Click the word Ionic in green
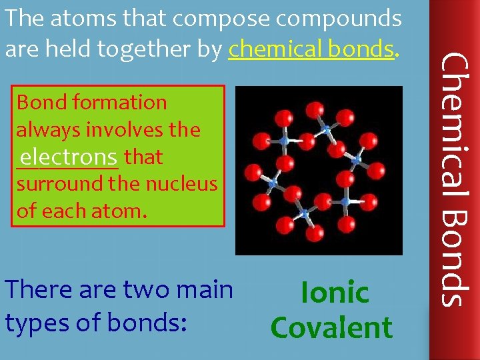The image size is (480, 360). (335, 293)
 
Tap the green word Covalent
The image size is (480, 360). (331, 328)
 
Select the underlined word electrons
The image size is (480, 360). (69, 157)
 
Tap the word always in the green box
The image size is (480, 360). (44, 130)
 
